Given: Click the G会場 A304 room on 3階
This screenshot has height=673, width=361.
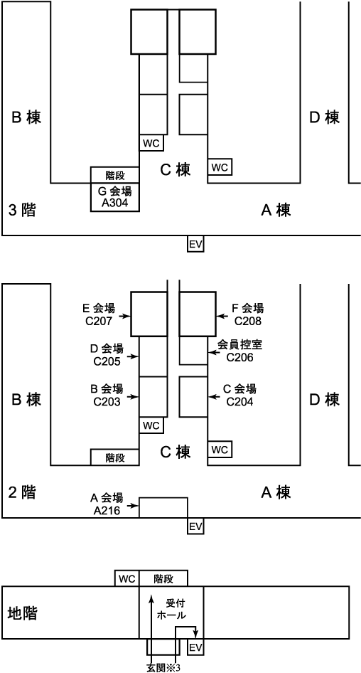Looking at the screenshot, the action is pos(115,197).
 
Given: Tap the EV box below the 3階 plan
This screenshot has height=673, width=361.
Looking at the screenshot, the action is pos(195,244).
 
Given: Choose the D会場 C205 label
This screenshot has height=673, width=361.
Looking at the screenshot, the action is pos(107,354).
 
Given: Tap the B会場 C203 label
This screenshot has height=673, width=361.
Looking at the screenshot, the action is pos(107,395).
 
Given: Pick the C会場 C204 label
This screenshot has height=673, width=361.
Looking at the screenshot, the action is pos(240,395).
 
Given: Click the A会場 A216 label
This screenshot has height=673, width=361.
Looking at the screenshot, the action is pos(107,504).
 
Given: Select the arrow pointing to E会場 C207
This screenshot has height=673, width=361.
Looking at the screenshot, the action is pos(125,317).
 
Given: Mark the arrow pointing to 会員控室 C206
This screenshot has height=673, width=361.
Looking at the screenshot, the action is pos(213,352).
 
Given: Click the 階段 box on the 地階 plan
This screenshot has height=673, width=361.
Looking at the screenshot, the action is pos(163,578).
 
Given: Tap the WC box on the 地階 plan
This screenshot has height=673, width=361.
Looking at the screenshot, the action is pos(127,578).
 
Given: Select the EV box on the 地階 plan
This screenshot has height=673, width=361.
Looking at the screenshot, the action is pos(195,647).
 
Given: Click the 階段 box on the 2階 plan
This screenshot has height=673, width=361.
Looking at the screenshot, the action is pos(115,457).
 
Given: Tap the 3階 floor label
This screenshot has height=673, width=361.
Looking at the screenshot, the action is pos(21,211).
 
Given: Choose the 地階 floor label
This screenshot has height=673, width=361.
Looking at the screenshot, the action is pos(22,613).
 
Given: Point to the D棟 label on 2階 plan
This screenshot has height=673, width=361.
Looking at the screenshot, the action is pos(325,400).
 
